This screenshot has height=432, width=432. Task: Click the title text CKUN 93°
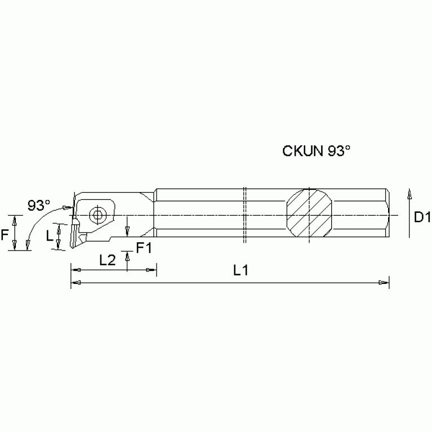tap(316, 152)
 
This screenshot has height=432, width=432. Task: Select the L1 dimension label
tap(241, 270)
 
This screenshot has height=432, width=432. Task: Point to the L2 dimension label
tap(108, 260)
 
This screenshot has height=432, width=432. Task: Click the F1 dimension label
tap(144, 247)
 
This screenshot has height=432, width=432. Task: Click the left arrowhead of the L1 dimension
tap(75, 282)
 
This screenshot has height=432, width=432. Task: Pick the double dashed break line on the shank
tap(245, 215)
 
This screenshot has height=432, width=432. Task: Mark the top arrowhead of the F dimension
tap(15, 220)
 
